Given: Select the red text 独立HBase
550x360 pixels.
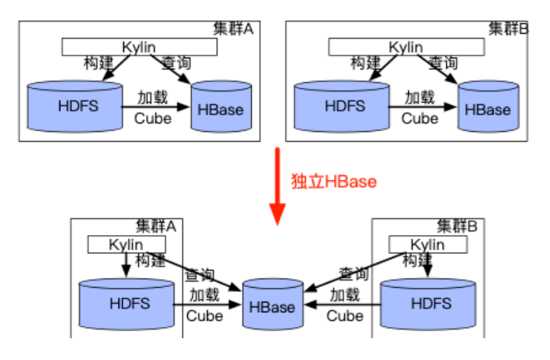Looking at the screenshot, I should pyautogui.click(x=334, y=182).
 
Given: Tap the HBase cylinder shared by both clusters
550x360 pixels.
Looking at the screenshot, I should pyautogui.click(x=272, y=306).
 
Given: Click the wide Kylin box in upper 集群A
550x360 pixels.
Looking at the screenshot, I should pyautogui.click(x=139, y=47).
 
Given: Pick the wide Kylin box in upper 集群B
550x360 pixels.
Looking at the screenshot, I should pyautogui.click(x=406, y=47).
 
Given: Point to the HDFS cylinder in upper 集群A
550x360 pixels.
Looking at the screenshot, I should pyautogui.click(x=74, y=107).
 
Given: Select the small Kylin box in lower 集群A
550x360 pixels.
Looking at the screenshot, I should pyautogui.click(x=126, y=245).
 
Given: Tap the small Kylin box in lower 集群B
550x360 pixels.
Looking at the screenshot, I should pyautogui.click(x=428, y=245).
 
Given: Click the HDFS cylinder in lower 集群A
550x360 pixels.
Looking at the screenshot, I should pyautogui.click(x=126, y=305).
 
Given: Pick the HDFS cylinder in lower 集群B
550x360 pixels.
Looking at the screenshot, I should pyautogui.click(x=427, y=305).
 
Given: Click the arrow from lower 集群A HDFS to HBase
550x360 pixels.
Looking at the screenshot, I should pyautogui.click(x=207, y=305).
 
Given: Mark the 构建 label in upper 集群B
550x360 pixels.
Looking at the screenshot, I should pyautogui.click(x=367, y=63).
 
